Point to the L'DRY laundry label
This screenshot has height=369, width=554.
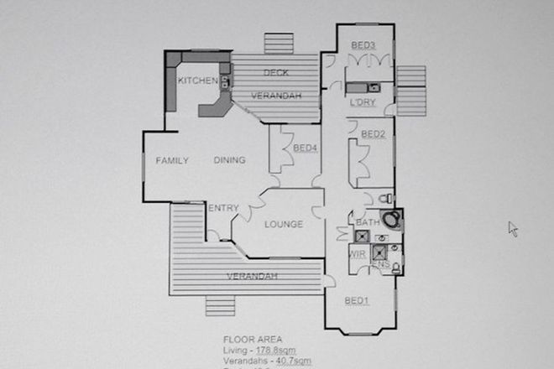click(x=361, y=103)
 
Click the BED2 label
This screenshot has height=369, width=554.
click(x=373, y=134)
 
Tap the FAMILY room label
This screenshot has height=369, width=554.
click(x=172, y=160)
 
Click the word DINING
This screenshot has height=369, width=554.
click(x=229, y=160)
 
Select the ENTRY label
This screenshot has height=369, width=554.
click(x=223, y=208)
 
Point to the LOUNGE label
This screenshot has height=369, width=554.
click(x=283, y=224)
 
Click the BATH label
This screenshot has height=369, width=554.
click(x=368, y=222)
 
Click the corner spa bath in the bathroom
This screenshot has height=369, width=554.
click(x=390, y=221)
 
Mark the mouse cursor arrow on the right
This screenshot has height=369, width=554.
click(x=513, y=228)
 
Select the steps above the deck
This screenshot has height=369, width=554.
click(x=275, y=43)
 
